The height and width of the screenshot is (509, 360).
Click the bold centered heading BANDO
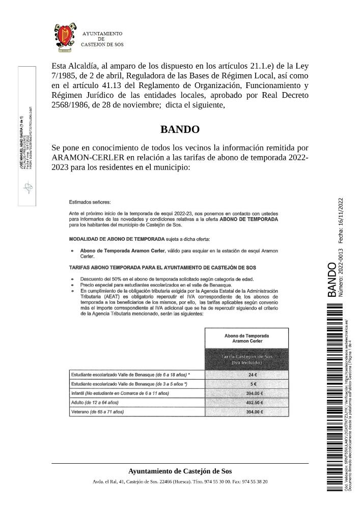point(180,129)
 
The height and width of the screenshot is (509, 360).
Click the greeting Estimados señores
point(89,202)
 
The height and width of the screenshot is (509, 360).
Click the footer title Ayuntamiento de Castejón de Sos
point(180,471)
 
